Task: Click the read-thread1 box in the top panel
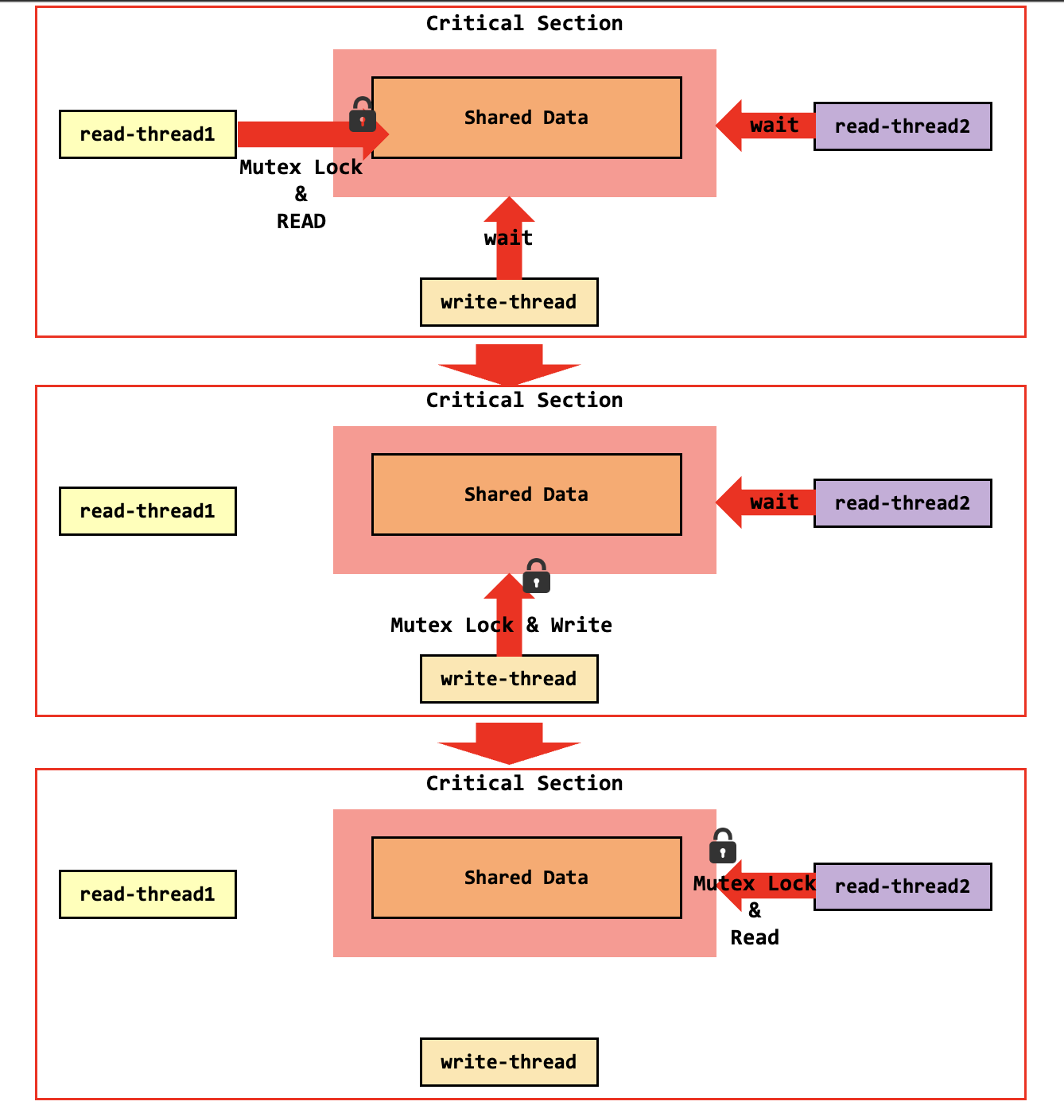coord(148,134)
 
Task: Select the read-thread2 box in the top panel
coord(903,126)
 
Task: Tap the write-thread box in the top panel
coord(509,302)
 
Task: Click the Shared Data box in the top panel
coord(526,118)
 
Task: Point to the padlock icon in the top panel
coord(363,115)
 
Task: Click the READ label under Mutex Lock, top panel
coord(301,222)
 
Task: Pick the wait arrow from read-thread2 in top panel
coord(764,126)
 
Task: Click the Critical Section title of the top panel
coord(524,23)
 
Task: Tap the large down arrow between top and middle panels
coord(509,364)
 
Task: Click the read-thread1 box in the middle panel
coord(148,511)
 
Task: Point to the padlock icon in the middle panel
coord(537,576)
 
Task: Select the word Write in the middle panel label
coord(581,626)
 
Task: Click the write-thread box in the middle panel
coord(509,679)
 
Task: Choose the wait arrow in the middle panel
coord(764,502)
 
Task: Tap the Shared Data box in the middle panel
coord(526,494)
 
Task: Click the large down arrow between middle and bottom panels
coord(509,743)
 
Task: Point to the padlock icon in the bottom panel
coord(723,846)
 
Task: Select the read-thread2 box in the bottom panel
coord(903,886)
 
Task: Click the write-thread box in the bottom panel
coord(509,1062)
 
